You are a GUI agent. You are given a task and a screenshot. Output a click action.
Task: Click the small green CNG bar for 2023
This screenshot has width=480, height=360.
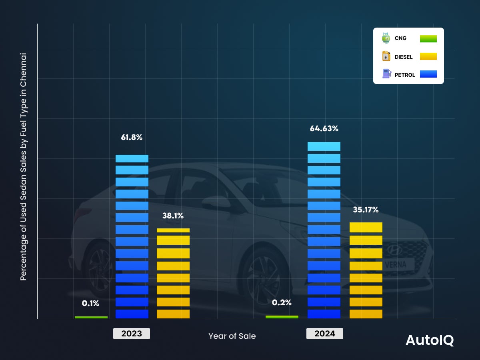[91, 317]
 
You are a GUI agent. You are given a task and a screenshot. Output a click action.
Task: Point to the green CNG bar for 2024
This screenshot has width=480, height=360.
[282, 317]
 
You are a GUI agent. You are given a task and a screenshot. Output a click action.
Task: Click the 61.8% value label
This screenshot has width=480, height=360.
[132, 138]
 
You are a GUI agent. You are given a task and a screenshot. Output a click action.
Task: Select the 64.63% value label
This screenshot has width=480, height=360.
[324, 129]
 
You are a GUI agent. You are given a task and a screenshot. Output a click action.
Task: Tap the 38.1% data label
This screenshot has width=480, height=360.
[173, 216]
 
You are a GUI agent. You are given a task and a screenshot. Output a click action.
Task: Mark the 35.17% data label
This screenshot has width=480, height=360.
[366, 210]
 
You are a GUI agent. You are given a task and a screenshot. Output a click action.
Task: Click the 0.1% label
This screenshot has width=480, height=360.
[90, 303]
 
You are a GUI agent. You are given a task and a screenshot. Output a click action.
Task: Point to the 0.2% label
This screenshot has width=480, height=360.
[282, 302]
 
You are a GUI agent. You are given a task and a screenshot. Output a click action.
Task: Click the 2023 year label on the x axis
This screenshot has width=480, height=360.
[132, 334]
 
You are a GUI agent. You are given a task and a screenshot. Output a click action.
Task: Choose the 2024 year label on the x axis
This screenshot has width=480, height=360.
[324, 334]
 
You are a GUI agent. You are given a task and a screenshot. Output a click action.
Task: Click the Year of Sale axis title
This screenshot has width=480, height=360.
[232, 336]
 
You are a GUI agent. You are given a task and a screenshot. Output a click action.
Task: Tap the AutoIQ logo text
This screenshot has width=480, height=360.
[430, 340]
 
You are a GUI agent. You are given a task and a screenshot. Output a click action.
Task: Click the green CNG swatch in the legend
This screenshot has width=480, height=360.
[428, 39]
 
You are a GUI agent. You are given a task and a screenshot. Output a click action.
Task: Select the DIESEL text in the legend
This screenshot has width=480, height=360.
[404, 57]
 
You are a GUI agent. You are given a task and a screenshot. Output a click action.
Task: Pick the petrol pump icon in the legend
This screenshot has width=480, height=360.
[386, 74]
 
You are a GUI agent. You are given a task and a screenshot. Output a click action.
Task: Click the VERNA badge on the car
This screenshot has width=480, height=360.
[395, 264]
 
